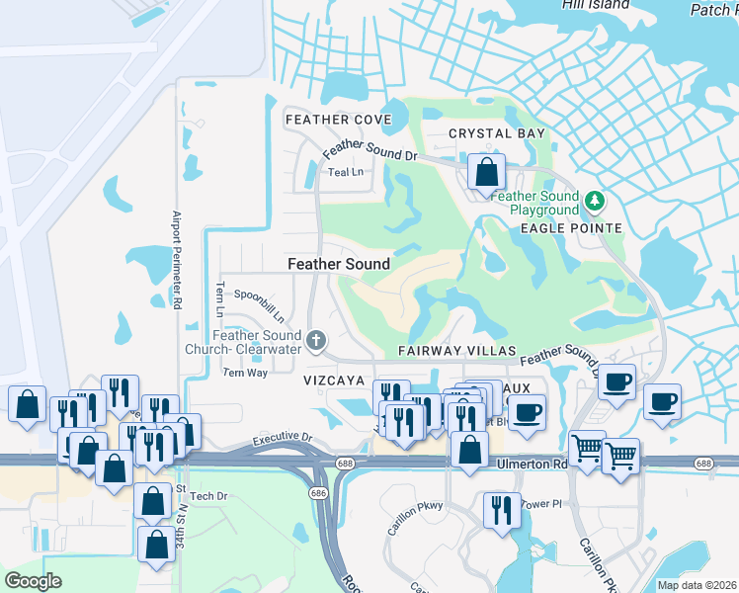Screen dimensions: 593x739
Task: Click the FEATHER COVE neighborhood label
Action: [x=338, y=120]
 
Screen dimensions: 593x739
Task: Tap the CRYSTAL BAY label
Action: [x=497, y=133]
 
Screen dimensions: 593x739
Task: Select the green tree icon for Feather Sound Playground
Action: [x=595, y=203]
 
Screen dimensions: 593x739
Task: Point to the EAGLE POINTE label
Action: [x=571, y=228]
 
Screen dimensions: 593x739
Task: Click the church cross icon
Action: [x=316, y=342]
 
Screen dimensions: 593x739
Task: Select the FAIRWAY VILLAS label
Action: [x=457, y=351]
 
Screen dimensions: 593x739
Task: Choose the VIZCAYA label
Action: [x=335, y=380]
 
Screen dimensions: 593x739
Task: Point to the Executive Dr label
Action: [x=282, y=437]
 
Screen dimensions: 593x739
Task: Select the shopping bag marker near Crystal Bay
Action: [x=486, y=172]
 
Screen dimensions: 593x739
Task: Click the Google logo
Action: [x=33, y=581]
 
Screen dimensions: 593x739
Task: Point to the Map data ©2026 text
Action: [x=697, y=585]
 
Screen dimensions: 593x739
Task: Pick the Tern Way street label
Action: [x=245, y=373]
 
